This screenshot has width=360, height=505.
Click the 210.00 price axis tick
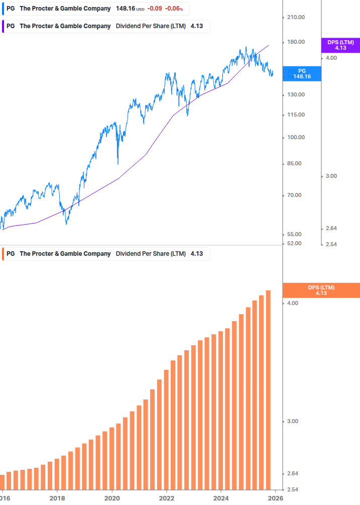(x=295, y=17)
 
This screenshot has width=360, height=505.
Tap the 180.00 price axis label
(x=295, y=42)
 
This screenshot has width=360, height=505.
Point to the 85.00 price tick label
(x=295, y=163)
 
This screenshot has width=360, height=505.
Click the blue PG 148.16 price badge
(x=302, y=74)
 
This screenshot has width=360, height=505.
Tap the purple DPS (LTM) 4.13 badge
(x=340, y=45)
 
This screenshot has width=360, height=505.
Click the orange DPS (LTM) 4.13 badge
(x=321, y=290)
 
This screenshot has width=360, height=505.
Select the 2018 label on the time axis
(x=57, y=498)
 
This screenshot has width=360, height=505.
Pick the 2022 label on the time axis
(x=167, y=498)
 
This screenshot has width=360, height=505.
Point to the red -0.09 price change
(x=155, y=9)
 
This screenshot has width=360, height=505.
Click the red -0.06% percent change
(x=174, y=9)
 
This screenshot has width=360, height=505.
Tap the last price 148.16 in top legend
(x=126, y=9)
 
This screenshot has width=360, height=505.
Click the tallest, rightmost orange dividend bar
(x=269, y=389)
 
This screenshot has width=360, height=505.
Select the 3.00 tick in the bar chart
(x=292, y=421)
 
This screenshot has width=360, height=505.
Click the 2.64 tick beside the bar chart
(x=292, y=473)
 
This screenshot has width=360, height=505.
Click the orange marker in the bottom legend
(x=4, y=254)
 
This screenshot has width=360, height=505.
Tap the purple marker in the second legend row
(x=4, y=26)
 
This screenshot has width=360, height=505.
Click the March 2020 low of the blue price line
(x=117, y=163)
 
